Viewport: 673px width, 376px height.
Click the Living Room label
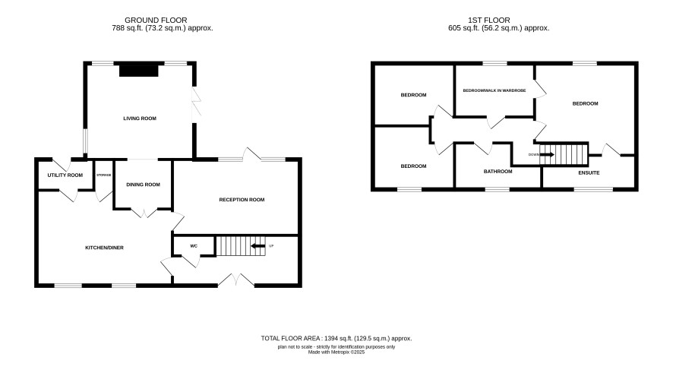point(140,118)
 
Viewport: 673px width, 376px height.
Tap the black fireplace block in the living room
point(139,70)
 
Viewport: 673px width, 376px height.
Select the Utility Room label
point(65,175)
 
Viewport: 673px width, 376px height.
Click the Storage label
point(104,175)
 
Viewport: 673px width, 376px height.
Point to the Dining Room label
point(143,185)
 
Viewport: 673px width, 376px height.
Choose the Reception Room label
point(242,200)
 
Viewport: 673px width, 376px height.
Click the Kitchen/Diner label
point(104,248)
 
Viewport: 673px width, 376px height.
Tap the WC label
point(194,246)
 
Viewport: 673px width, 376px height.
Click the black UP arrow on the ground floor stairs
point(258,246)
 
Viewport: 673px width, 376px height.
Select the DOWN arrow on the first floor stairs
point(547,154)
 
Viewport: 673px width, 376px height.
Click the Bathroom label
point(498,171)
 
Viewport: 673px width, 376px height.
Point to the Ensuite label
point(589,172)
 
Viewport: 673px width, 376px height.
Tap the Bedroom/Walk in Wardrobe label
point(494,90)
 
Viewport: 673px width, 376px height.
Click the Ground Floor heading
point(156,21)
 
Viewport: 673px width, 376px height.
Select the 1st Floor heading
point(489,21)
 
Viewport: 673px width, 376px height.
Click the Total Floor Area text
point(336,338)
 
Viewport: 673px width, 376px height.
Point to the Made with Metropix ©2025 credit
point(336,352)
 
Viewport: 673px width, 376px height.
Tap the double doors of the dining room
point(144,213)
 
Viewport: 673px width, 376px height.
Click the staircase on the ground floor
point(240,246)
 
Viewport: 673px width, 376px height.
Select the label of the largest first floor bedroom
point(585,103)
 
